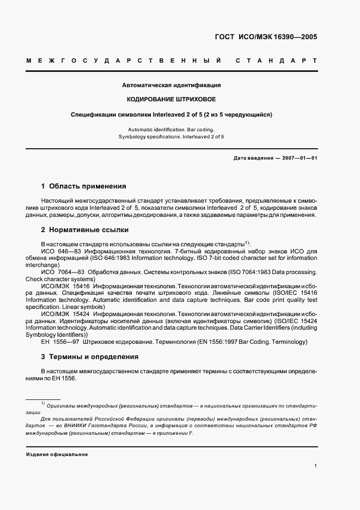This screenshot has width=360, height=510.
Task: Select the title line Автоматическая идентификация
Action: coord(171,86)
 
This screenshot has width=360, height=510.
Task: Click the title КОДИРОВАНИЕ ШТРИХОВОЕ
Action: coord(171,100)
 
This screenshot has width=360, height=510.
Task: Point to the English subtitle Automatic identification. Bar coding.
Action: coord(171,129)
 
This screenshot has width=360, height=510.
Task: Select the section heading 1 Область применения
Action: coord(83,186)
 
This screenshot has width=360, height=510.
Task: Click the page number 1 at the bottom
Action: coord(315,465)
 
